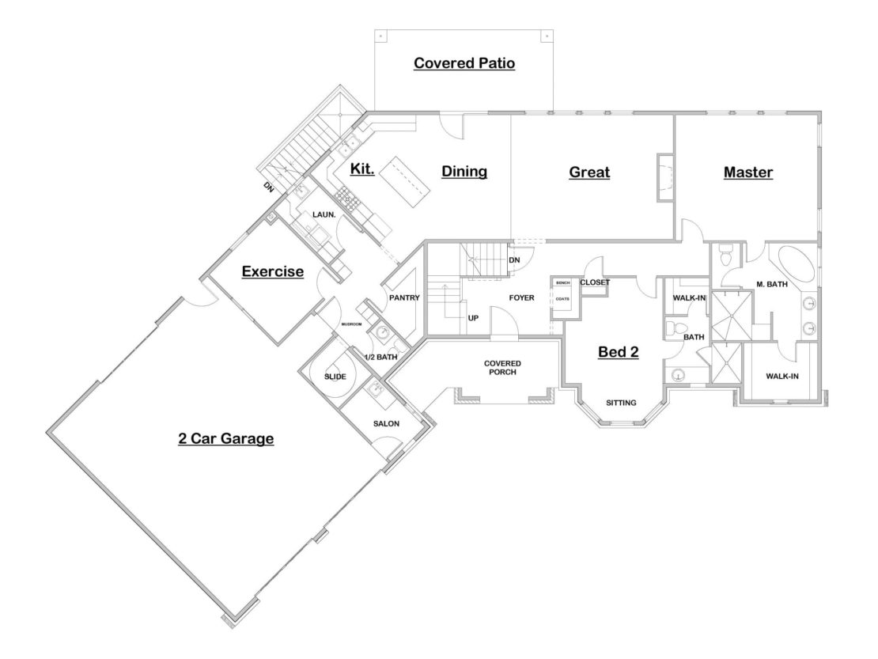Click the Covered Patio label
[x=464, y=62]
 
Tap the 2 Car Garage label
[x=225, y=437]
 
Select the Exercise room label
[x=272, y=272]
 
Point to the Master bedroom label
[x=747, y=172]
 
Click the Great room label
[x=589, y=172]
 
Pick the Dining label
[x=464, y=172]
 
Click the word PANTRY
[x=403, y=297]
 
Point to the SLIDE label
[x=335, y=377]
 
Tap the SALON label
[x=386, y=423]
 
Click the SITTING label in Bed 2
[x=621, y=403]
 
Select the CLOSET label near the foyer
[x=595, y=282]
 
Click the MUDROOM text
[x=350, y=324]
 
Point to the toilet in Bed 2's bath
[x=674, y=327]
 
